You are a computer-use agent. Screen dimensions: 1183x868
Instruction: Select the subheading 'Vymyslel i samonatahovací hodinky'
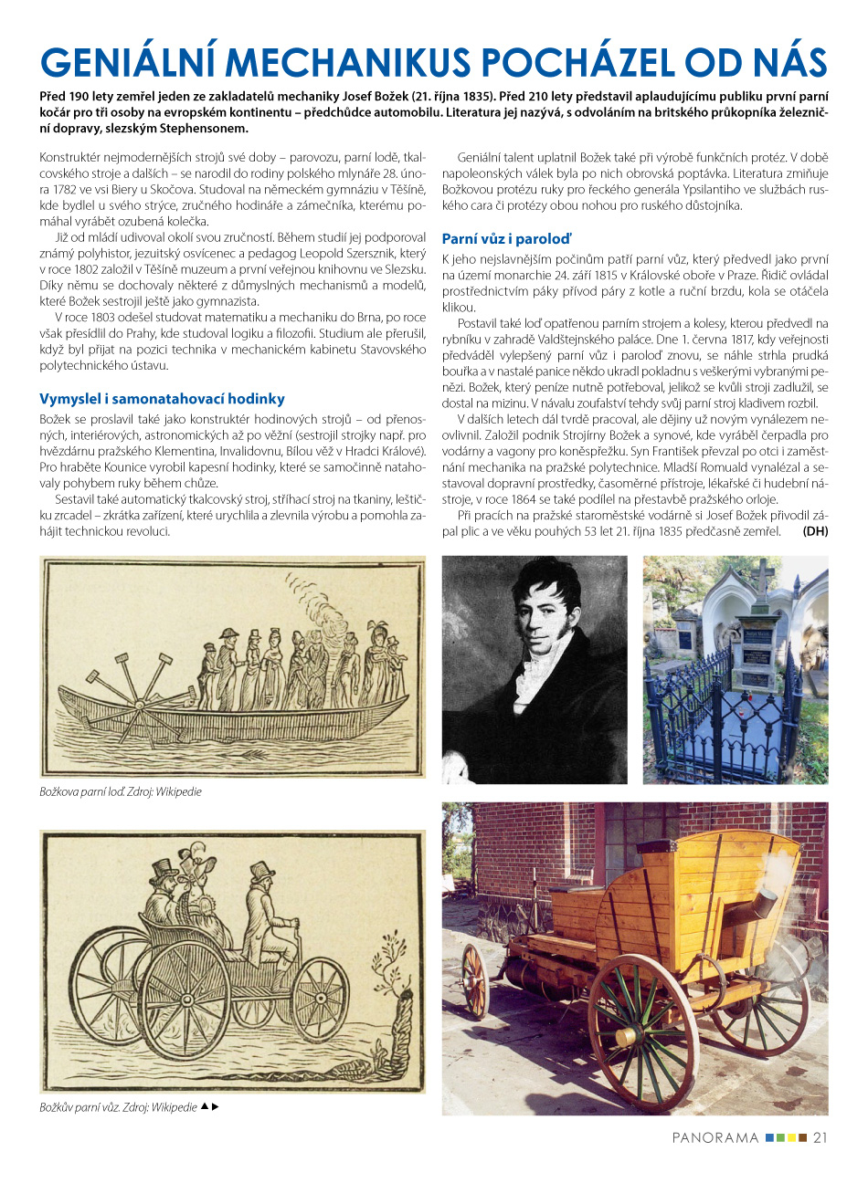(162, 399)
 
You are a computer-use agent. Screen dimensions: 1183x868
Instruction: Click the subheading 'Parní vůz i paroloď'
(506, 239)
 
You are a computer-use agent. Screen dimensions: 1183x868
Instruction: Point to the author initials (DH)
(815, 531)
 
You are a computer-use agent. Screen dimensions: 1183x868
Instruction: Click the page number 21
(820, 1137)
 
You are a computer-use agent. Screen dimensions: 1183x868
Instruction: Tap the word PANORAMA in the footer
(715, 1137)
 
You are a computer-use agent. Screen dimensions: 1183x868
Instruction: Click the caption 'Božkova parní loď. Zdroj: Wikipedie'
(121, 792)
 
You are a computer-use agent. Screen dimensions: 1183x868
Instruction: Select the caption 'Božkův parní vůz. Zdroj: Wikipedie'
(118, 1107)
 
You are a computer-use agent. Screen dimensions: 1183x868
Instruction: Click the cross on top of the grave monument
(760, 576)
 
